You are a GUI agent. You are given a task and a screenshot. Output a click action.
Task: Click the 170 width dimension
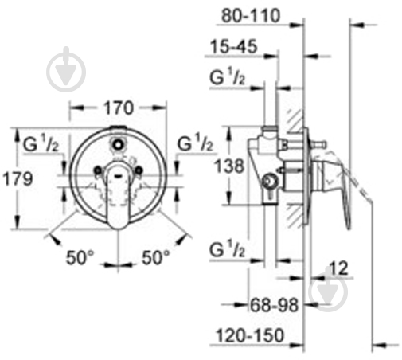(119, 108)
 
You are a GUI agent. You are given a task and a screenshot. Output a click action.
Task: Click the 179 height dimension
(18, 178)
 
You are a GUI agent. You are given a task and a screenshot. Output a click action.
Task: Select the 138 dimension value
(229, 166)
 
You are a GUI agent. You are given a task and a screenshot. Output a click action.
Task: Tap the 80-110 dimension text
(251, 16)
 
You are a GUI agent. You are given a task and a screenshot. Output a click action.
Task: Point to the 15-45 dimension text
(233, 46)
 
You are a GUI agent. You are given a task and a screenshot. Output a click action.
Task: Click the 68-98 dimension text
(275, 305)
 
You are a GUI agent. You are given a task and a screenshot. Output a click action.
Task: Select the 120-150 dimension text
(250, 335)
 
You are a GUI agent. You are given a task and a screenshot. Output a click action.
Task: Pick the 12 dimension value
(338, 268)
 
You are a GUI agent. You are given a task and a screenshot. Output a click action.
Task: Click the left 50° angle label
(80, 257)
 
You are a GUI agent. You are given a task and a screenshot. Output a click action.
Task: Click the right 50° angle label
(155, 257)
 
